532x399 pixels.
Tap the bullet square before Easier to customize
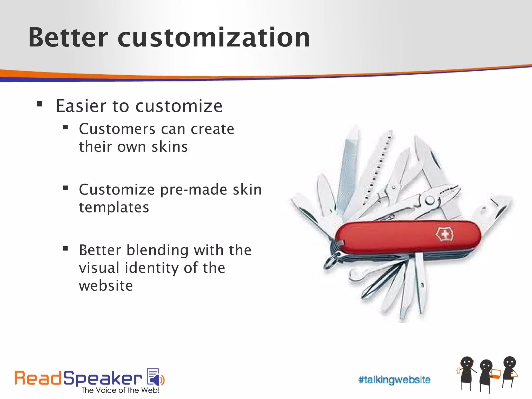click(x=40, y=104)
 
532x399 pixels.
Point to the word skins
click(x=170, y=147)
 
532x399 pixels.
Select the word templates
click(x=114, y=207)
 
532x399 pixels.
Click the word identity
click(x=152, y=268)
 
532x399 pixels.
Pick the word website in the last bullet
click(x=106, y=285)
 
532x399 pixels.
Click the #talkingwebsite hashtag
click(x=394, y=380)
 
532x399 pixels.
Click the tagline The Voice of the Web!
click(x=120, y=390)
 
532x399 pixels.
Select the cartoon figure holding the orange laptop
click(x=486, y=374)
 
